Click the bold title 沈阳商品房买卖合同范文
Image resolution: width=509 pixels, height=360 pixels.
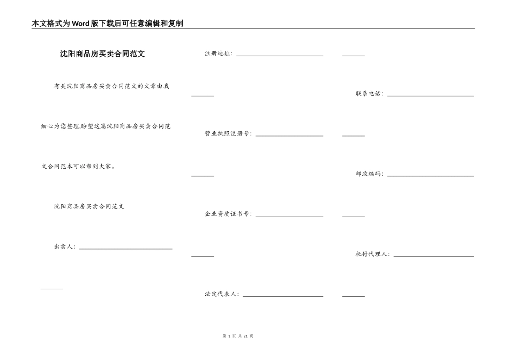(x=102, y=54)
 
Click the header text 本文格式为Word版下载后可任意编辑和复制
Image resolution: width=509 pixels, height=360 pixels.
(x=107, y=24)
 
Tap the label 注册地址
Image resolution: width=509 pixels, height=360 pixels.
(x=218, y=54)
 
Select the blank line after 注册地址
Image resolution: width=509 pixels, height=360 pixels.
(x=280, y=55)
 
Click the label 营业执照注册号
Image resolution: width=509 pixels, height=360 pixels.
(x=228, y=133)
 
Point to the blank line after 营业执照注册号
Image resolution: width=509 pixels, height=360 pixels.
(x=289, y=135)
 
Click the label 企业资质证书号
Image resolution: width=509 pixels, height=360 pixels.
(x=228, y=214)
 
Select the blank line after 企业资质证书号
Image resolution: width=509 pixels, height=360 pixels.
(x=289, y=215)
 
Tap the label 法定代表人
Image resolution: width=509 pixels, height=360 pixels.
(x=221, y=294)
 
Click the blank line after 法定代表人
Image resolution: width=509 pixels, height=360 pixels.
(x=283, y=296)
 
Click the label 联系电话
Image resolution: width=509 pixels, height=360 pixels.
(x=369, y=94)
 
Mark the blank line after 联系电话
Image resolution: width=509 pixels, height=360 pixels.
(x=430, y=95)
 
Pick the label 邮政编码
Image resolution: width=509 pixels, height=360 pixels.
(x=369, y=174)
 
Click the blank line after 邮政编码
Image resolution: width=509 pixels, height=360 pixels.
(x=430, y=175)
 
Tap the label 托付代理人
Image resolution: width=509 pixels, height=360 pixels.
(x=372, y=254)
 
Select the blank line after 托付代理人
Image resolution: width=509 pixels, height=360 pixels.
(x=433, y=256)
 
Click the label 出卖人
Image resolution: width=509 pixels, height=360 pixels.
(x=64, y=247)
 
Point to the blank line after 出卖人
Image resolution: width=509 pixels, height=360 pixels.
(x=125, y=248)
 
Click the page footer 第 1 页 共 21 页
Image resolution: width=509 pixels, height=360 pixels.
(x=237, y=336)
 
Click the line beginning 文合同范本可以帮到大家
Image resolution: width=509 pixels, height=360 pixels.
(x=78, y=166)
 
